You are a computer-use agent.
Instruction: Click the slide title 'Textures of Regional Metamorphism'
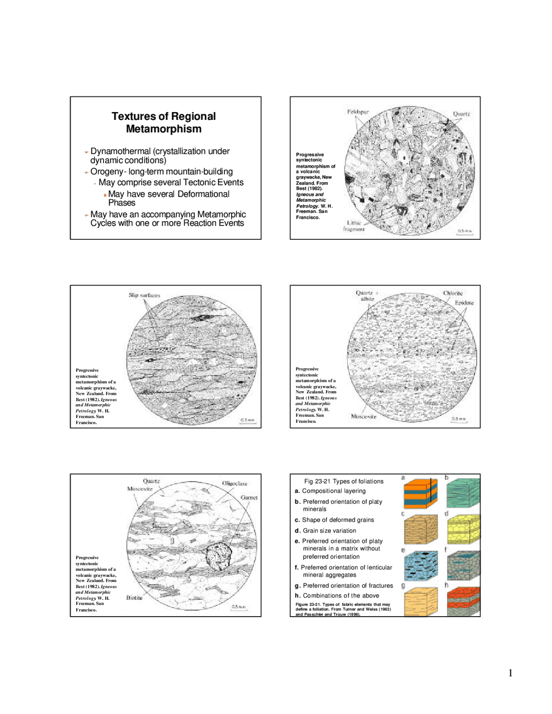163,122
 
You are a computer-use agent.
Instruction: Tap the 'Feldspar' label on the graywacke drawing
358,112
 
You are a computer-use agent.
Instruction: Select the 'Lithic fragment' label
354,226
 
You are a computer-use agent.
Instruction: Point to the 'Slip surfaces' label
144,295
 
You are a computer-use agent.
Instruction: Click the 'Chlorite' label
452,293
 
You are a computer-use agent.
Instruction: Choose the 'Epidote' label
464,303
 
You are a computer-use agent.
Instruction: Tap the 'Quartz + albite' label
367,296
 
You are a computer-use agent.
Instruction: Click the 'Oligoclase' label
235,483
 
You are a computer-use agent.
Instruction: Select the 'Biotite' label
134,598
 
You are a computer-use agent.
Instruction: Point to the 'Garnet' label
249,497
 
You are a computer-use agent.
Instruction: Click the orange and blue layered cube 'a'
420,493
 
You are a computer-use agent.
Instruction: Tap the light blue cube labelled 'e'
420,565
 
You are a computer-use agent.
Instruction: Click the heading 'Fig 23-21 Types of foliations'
344,481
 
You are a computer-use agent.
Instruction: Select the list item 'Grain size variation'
329,531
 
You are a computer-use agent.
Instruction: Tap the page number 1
511,673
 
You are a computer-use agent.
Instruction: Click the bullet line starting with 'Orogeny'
161,172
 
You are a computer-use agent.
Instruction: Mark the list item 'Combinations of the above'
341,595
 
